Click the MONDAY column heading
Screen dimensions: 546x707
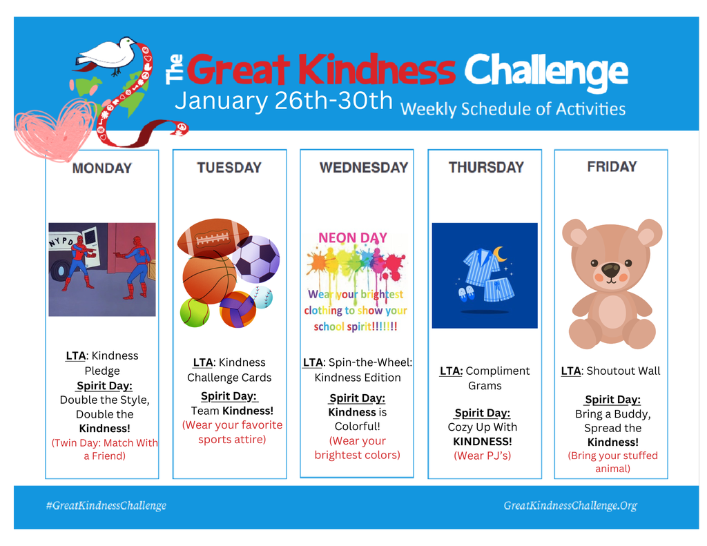coord(101,168)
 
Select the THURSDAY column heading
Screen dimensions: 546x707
coord(486,167)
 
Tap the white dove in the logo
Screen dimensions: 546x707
coord(107,53)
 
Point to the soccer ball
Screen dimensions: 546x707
coord(255,259)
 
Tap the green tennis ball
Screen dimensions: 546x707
coord(195,312)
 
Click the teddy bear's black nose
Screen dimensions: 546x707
coord(610,269)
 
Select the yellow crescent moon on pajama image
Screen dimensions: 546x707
coord(499,254)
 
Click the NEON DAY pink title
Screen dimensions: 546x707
coord(352,237)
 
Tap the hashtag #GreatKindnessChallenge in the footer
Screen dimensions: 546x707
coord(106,505)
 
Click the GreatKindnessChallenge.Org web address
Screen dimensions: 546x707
coord(570,505)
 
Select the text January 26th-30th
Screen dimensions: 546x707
coord(283,101)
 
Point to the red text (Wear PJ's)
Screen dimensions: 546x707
coord(483,456)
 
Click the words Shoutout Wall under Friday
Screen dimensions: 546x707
coord(623,371)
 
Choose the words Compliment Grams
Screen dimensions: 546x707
coord(485,378)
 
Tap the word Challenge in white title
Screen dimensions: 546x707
coord(545,70)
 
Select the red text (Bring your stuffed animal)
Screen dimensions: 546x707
coord(612,462)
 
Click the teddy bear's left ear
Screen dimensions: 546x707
coord(574,233)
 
